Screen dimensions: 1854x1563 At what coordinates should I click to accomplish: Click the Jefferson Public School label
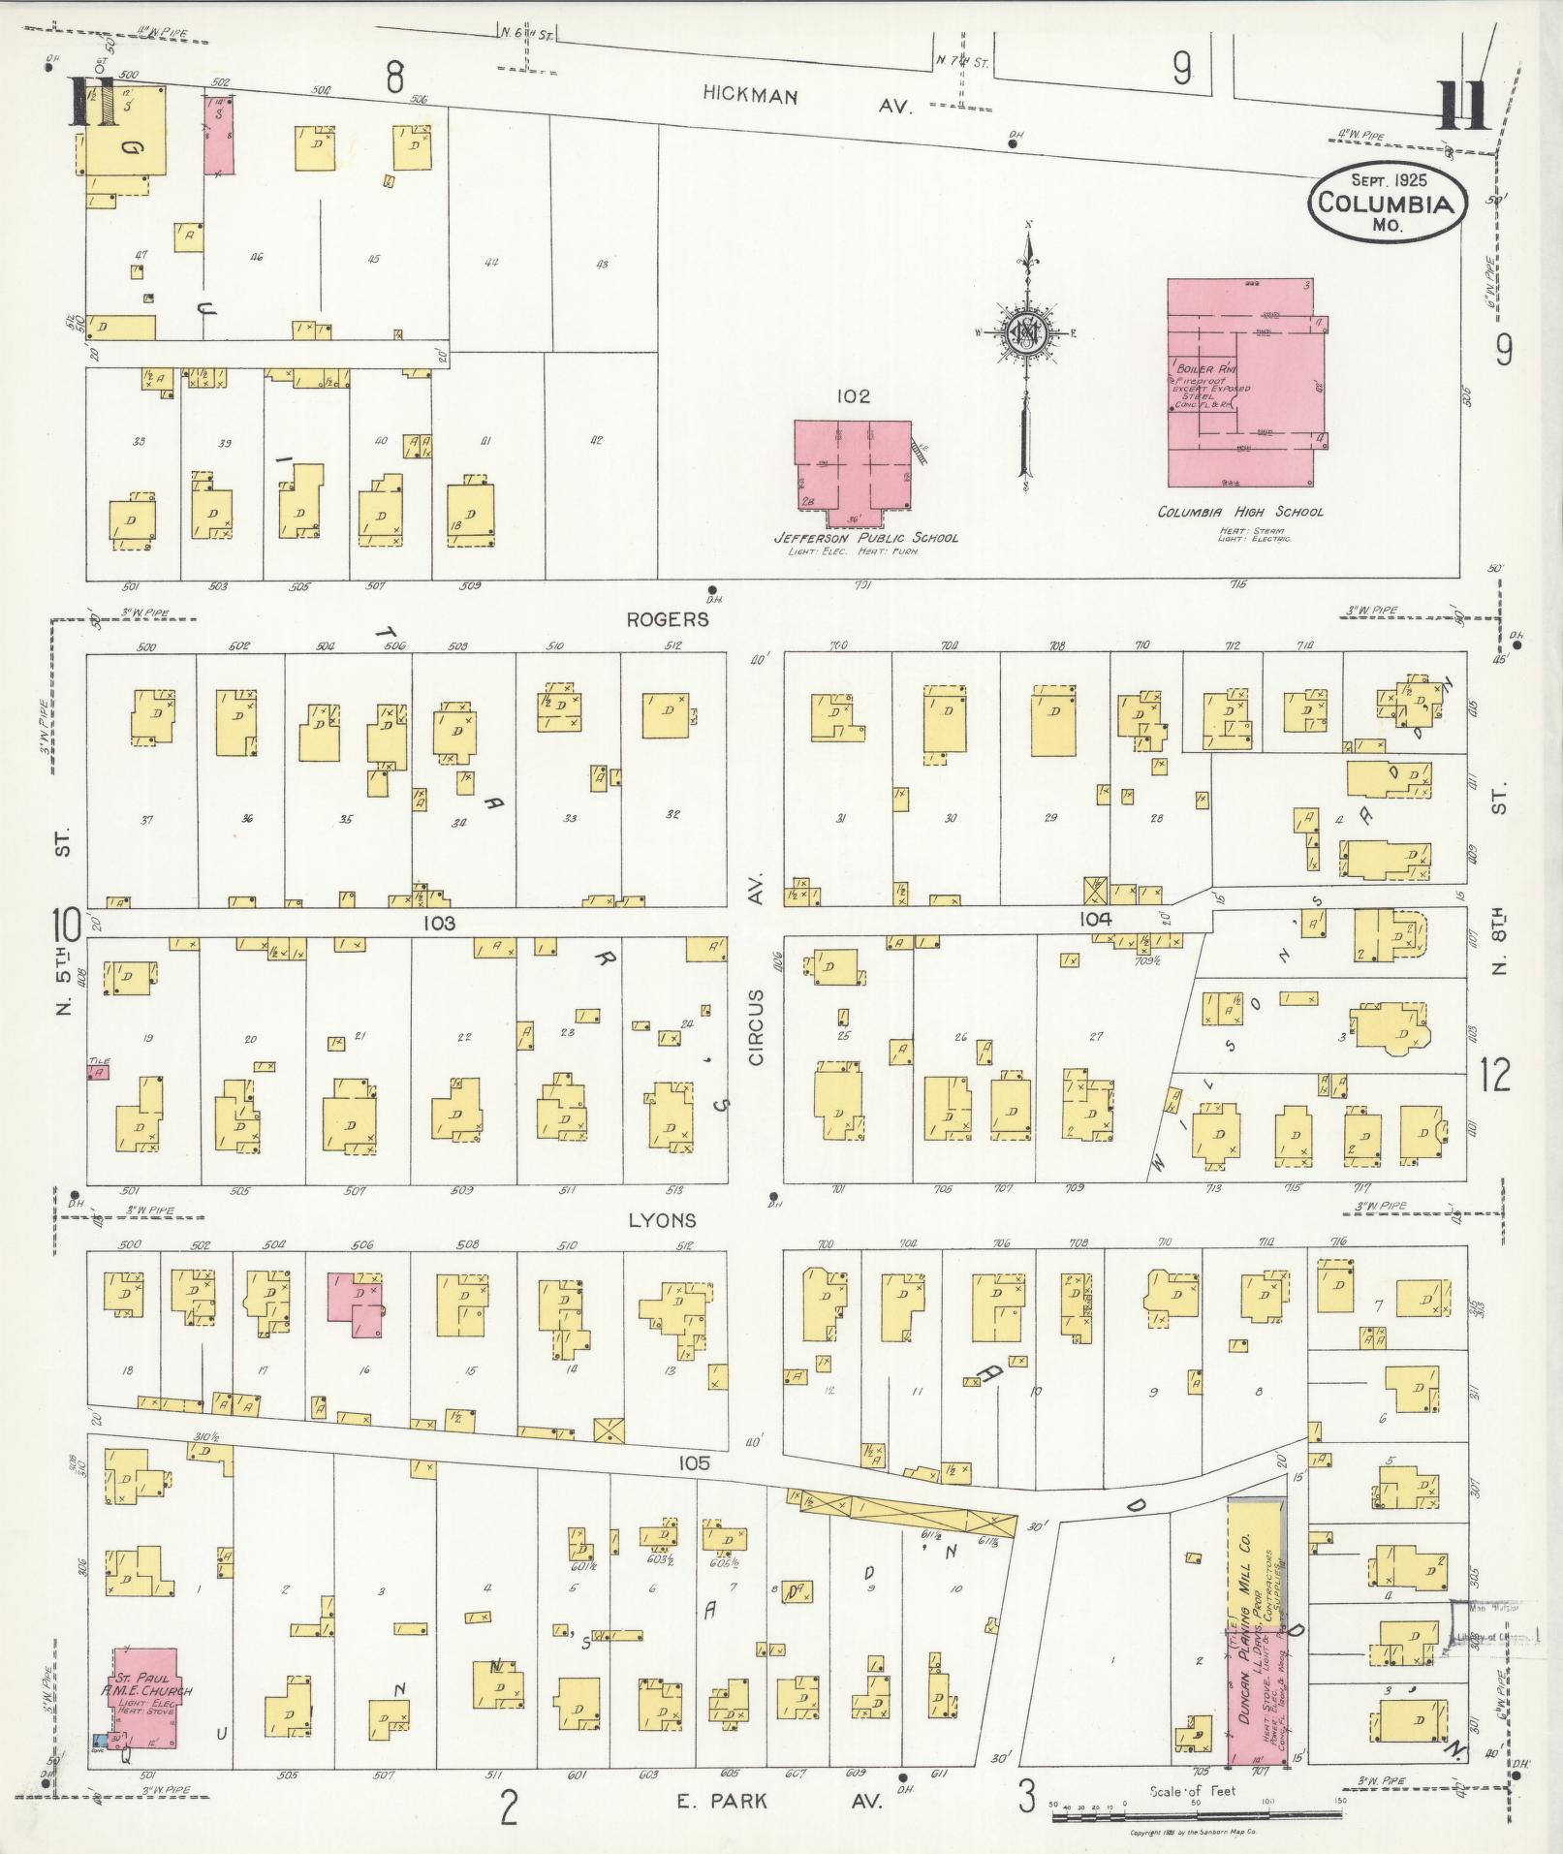point(865,537)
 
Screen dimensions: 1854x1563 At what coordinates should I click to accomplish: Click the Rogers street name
point(667,620)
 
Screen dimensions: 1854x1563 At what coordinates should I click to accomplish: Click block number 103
point(438,924)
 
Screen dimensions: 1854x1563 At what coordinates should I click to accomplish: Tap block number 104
point(1096,920)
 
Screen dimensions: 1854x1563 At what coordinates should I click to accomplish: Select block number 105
point(695,1463)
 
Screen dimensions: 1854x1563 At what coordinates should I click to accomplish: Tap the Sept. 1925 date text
point(1386,180)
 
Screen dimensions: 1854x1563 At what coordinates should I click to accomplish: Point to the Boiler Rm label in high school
point(1200,370)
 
